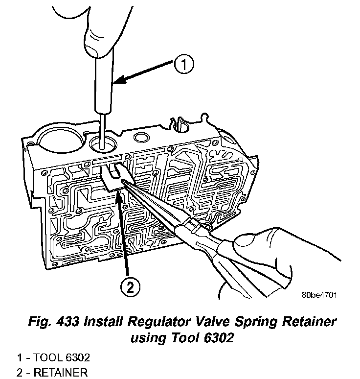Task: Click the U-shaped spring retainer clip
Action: pyautogui.click(x=112, y=179)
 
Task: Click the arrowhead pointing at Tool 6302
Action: pyautogui.click(x=117, y=84)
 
